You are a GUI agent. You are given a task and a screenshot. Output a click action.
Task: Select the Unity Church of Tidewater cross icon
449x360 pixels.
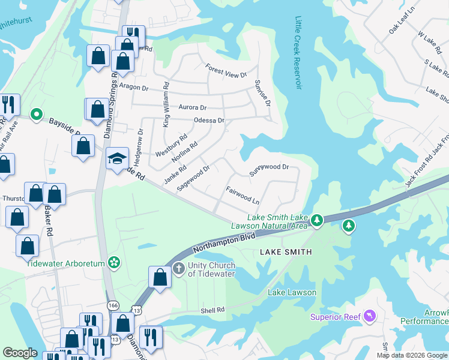(x=178, y=268)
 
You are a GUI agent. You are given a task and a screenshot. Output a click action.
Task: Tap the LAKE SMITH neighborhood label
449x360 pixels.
(x=286, y=252)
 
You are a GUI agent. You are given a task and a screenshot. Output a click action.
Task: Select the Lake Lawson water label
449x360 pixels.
(x=292, y=292)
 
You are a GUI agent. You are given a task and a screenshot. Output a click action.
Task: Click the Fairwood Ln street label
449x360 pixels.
(x=243, y=196)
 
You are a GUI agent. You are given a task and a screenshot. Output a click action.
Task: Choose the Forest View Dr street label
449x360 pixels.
(x=226, y=71)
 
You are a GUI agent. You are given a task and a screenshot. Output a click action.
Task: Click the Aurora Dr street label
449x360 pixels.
(x=192, y=107)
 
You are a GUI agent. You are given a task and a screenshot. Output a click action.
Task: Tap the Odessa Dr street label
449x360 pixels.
(x=209, y=121)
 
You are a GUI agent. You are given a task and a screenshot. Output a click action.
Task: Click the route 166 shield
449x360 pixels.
(x=113, y=305)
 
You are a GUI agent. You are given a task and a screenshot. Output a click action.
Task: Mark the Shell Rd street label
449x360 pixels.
(x=212, y=310)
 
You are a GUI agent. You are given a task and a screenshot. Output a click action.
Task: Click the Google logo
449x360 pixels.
(x=20, y=353)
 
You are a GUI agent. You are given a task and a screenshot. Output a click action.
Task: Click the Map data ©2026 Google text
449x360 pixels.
(x=411, y=355)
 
